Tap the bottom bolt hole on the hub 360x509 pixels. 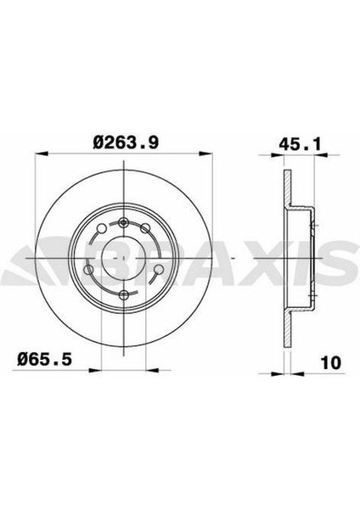click(125, 294)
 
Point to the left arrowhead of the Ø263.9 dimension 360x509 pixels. click(39, 156)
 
